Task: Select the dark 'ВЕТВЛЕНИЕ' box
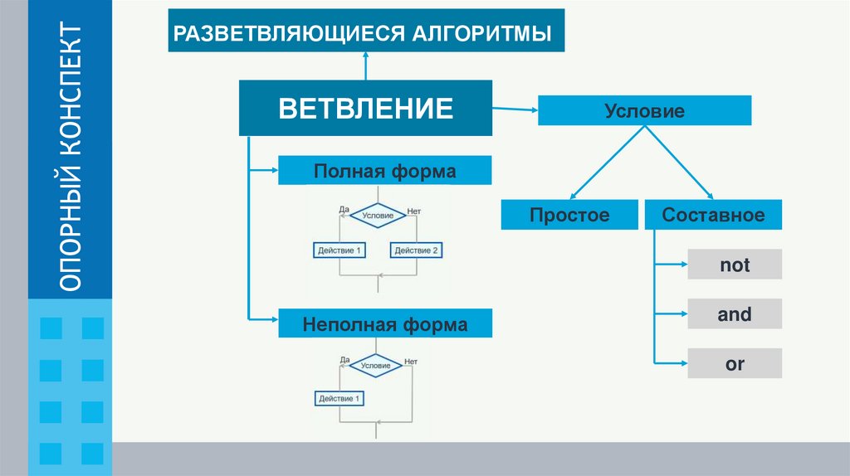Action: tap(365, 108)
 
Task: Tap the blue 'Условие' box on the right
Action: tap(644, 110)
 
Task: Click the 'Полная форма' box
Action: tap(384, 171)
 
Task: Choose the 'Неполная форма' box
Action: tap(384, 323)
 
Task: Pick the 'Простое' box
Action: tap(569, 216)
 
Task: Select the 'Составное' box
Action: tap(713, 216)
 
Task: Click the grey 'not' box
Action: tap(734, 265)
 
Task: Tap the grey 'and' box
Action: tap(734, 314)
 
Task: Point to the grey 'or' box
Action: tap(734, 363)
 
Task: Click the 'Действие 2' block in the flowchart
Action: tap(416, 250)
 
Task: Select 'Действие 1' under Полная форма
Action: tap(340, 250)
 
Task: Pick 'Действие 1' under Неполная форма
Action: tap(340, 399)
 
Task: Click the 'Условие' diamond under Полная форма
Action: tap(378, 215)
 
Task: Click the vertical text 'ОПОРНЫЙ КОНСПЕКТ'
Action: tap(70, 158)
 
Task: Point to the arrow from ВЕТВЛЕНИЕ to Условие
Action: tap(515, 107)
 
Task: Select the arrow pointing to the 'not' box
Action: tap(671, 265)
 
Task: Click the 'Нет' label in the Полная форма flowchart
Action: tap(414, 211)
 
